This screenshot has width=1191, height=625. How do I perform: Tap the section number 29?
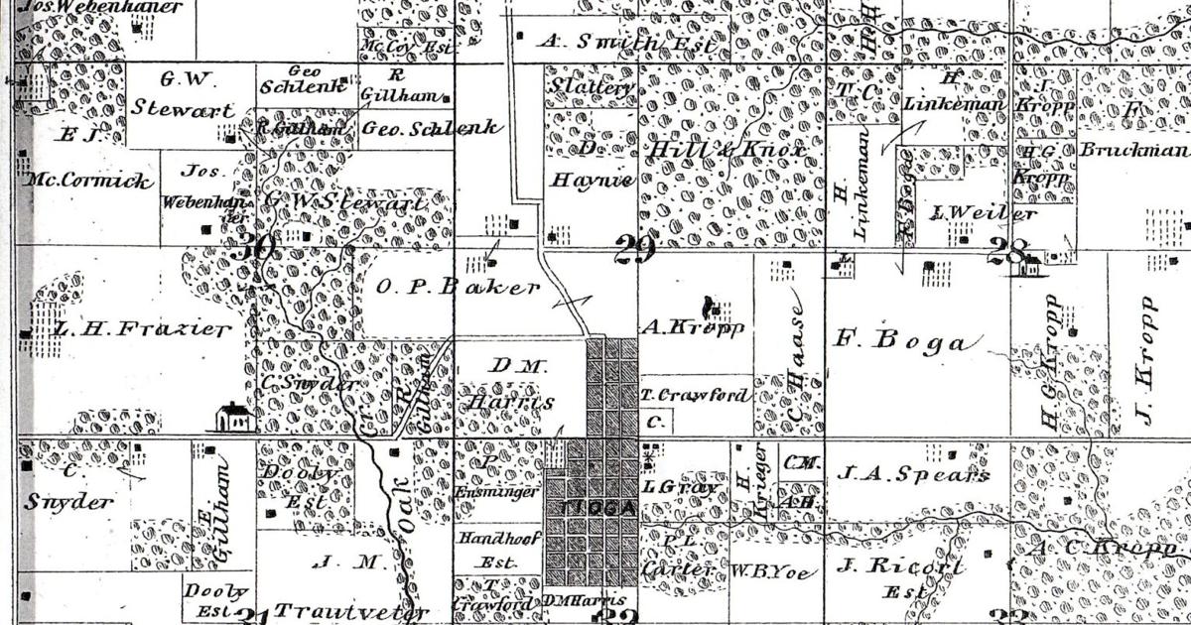(x=633, y=250)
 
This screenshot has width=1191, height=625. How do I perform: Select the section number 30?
(x=250, y=249)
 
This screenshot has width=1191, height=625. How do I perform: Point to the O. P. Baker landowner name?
(x=459, y=288)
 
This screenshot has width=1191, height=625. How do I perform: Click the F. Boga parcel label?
(x=900, y=342)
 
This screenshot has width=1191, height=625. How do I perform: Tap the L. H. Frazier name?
(x=129, y=329)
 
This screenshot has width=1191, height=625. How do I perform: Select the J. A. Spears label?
(x=912, y=474)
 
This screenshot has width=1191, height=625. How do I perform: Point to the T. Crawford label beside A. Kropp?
(x=694, y=395)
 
